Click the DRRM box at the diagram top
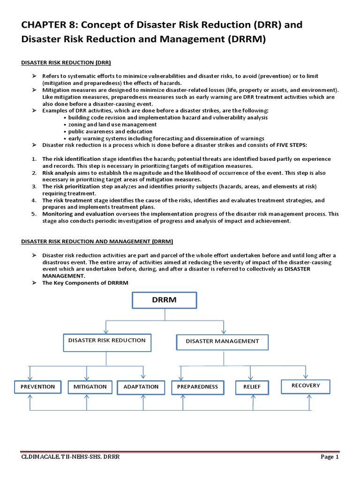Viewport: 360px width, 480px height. pos(164,300)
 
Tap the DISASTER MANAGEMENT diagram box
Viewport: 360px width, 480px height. pos(222,342)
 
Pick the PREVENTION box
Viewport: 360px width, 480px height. pos(37,387)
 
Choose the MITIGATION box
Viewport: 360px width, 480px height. pos(90,387)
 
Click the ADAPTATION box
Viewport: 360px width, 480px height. pos(141,387)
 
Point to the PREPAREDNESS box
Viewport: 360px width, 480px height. pos(197,387)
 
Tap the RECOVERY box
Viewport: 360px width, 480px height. pos(305,386)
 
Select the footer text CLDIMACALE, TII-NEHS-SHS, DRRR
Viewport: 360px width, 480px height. pos(71,457)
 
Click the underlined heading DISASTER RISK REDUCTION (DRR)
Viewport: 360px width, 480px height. pos(66,62)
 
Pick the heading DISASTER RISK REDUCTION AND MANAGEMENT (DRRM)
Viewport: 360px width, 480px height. pos(97,241)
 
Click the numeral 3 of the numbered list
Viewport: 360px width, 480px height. pos(34,187)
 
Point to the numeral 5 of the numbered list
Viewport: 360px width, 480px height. pos(34,214)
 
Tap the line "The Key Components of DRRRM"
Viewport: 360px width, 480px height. pos(85,283)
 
